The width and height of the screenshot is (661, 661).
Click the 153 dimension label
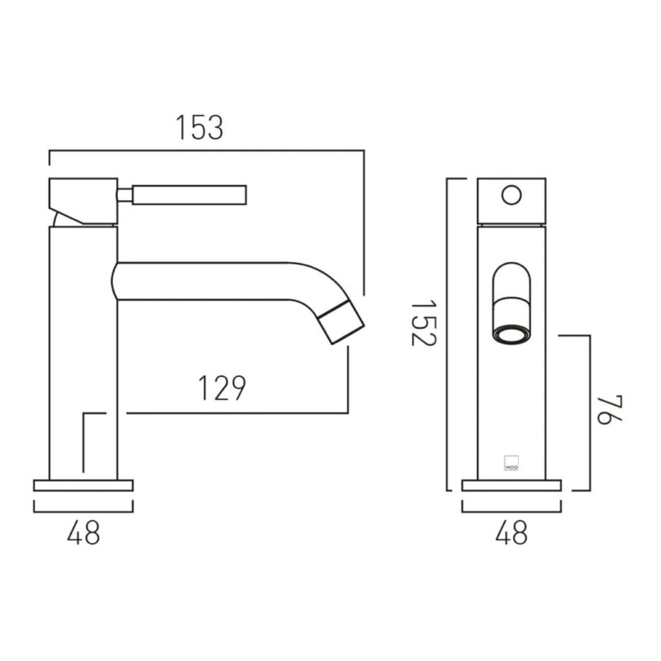click(x=199, y=127)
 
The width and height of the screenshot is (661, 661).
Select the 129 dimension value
click(x=221, y=388)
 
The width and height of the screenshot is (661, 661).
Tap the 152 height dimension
click(x=423, y=322)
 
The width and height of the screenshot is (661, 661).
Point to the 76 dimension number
click(x=610, y=410)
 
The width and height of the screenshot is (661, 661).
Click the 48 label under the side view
click(x=83, y=532)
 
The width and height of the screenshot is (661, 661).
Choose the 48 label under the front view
click(x=511, y=532)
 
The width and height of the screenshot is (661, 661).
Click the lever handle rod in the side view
click(x=189, y=195)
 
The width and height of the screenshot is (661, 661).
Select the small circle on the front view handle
click(x=511, y=195)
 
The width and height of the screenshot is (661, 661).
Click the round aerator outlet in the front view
click(x=511, y=334)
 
